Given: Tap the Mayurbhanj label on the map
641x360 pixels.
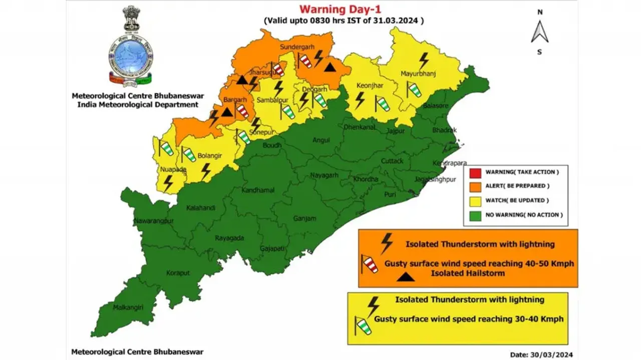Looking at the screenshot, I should pos(418,74).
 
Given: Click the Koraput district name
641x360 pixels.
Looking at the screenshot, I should pos(178,273).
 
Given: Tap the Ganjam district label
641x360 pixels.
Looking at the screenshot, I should pos(304,218).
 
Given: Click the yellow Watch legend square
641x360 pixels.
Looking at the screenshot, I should pos(475,201).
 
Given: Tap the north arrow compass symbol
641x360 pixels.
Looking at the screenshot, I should pos(539,33).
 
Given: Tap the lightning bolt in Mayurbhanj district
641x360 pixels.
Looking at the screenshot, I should pos(424,61).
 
